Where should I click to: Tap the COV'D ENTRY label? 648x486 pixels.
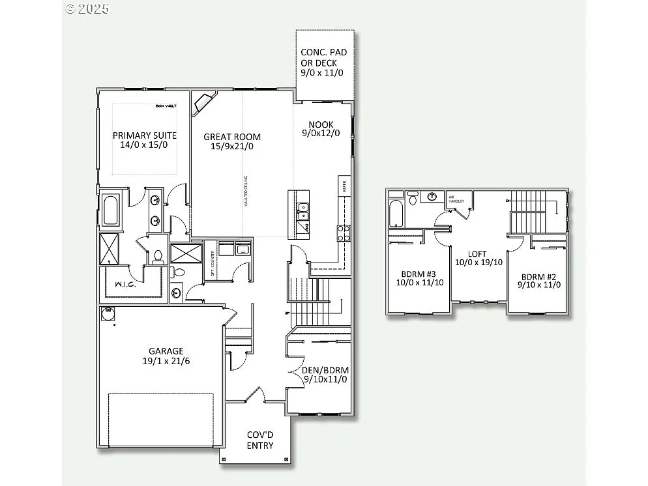(259, 440)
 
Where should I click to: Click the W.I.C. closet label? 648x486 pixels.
(125, 284)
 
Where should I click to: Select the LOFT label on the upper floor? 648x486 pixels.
(477, 254)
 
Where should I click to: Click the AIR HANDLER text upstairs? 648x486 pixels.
(456, 199)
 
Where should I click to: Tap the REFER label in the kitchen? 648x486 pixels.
(344, 185)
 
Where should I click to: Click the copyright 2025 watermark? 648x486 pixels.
(87, 8)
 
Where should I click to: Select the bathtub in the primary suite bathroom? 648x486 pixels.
(111, 210)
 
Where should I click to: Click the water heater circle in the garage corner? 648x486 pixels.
(108, 313)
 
